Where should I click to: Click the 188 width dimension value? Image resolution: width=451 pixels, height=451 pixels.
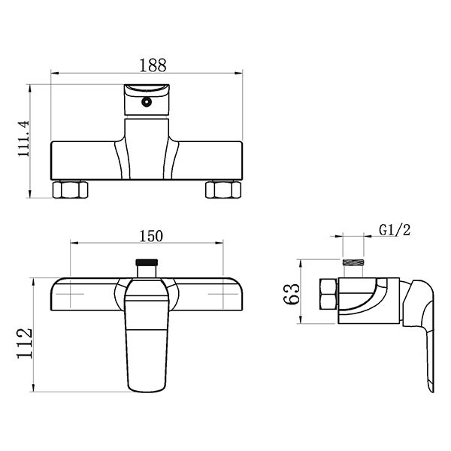[x=153, y=65]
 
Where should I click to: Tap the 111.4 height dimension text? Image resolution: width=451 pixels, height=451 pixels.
[x=23, y=138]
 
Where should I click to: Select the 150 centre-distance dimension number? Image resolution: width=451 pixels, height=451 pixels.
[x=151, y=236]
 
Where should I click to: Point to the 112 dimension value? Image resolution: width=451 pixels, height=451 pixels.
[x=25, y=343]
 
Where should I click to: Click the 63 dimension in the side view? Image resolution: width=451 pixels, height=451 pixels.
[x=292, y=293]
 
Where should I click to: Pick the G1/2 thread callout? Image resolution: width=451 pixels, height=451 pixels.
[x=395, y=230]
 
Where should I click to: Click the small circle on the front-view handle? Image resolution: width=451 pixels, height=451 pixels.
[x=147, y=101]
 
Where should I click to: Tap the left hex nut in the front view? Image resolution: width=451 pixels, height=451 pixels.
[x=70, y=189]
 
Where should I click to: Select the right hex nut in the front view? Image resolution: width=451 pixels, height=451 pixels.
[x=223, y=189]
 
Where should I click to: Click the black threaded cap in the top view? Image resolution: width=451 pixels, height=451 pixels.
[x=147, y=262]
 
